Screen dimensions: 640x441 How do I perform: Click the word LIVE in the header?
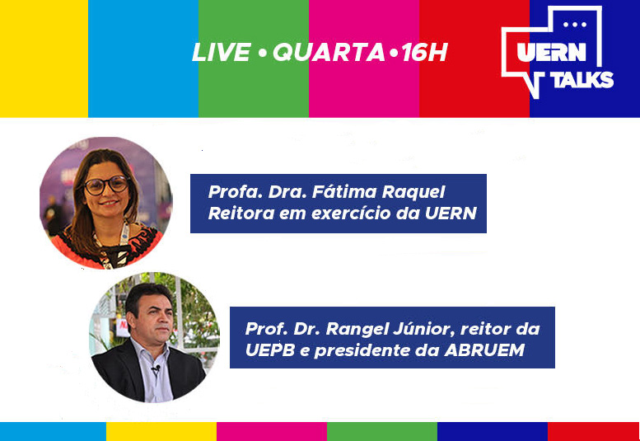coord(222,52)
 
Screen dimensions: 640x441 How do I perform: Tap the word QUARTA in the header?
coord(329,52)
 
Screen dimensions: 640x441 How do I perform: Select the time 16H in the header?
coord(424,52)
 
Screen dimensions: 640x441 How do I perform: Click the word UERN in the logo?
coord(551,52)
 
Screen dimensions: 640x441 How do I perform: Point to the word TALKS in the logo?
coord(584,79)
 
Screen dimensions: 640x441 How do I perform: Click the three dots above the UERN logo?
coord(575,25)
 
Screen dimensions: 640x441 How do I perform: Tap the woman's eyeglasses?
coord(107,185)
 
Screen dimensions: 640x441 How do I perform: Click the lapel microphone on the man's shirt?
coord(155,369)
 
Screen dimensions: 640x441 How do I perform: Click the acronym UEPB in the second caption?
coord(270,350)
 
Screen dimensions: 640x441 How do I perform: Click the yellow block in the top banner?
coord(44,59)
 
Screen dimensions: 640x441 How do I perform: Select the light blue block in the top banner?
coord(143,59)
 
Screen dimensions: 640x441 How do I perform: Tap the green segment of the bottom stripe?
coord(382,431)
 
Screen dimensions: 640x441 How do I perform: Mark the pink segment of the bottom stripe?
coord(272,431)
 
